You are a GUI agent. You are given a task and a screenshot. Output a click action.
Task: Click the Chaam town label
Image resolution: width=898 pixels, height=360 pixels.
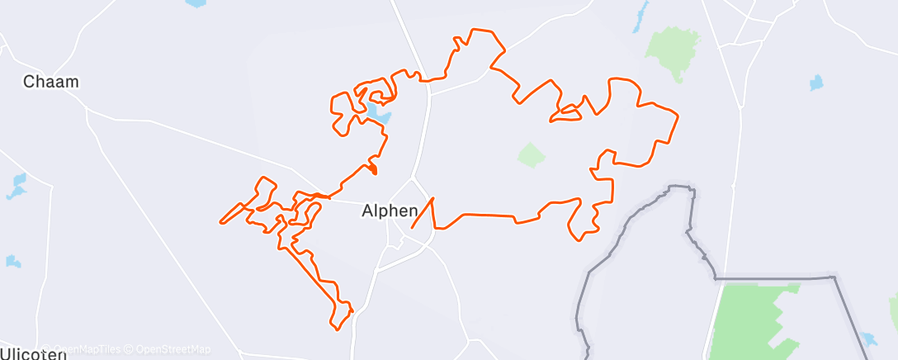tap(51, 83)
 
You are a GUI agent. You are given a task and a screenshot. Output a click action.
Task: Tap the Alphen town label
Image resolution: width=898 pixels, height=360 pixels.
tap(390, 211)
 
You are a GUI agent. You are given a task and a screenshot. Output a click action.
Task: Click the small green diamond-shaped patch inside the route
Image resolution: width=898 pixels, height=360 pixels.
tap(532, 154)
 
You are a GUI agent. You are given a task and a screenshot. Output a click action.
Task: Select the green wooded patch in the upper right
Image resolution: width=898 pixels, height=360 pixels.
tap(673, 51)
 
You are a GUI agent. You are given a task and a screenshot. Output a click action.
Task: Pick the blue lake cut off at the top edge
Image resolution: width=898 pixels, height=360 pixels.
tap(196, 3)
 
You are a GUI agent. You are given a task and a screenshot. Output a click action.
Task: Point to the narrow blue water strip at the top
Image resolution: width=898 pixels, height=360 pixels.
tap(640, 17)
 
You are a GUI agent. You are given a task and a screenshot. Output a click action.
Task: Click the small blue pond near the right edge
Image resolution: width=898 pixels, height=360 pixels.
tap(816, 83)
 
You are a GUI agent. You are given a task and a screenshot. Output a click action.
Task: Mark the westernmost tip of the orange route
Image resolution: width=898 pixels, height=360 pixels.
tap(220, 222)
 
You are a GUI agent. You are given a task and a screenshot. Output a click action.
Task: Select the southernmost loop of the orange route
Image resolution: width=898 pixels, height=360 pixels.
tap(339, 320)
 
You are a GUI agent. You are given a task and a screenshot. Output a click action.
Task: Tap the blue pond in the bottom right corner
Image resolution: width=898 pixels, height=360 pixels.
tap(867, 339)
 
